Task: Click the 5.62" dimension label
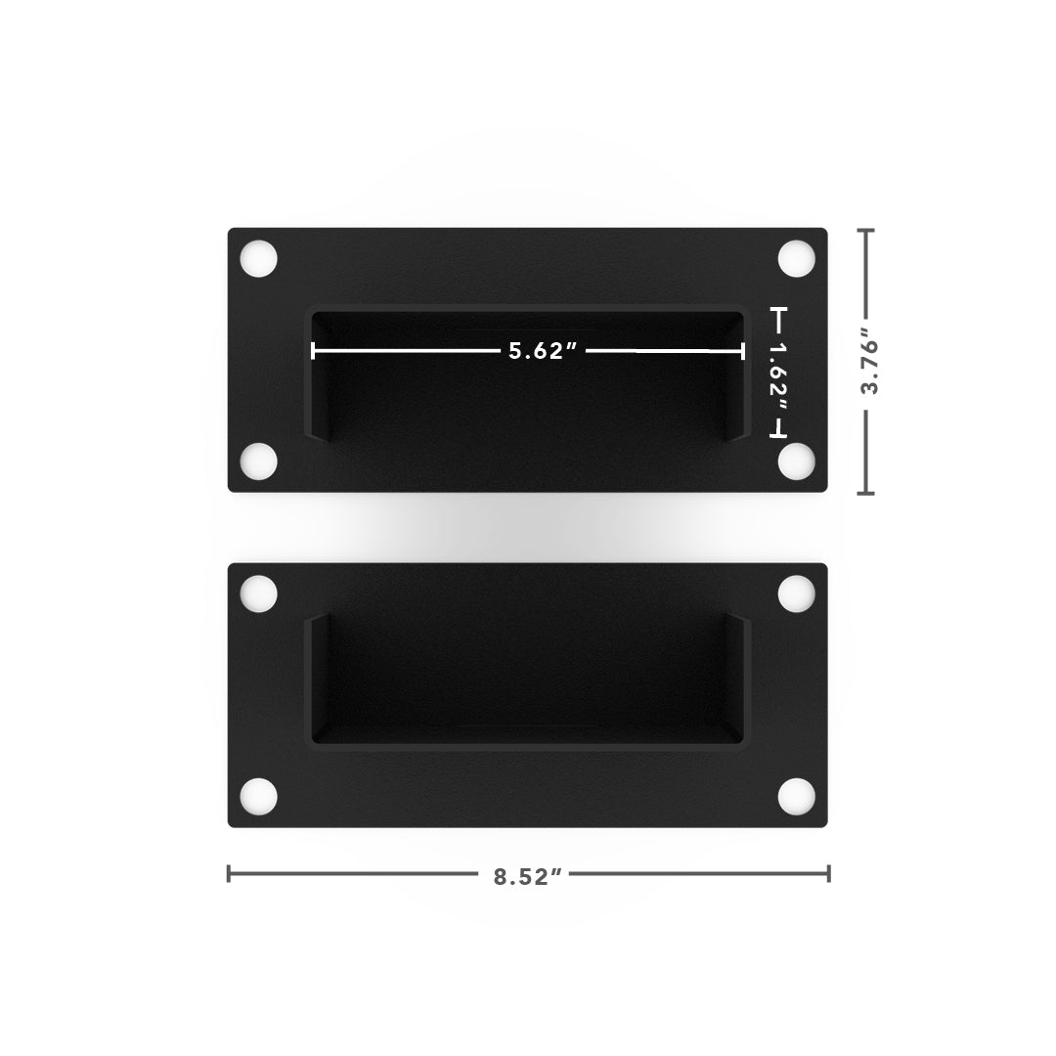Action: coord(537,351)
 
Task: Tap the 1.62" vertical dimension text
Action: coord(778,371)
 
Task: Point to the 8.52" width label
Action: coord(529,875)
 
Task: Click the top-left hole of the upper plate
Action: coord(259,259)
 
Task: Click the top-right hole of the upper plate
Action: coord(796,259)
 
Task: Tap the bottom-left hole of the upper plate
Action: coord(259,461)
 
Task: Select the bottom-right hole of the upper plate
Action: coord(796,461)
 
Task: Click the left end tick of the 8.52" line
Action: coord(229,873)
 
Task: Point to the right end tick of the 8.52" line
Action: coord(828,873)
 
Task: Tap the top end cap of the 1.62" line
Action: coord(778,310)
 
